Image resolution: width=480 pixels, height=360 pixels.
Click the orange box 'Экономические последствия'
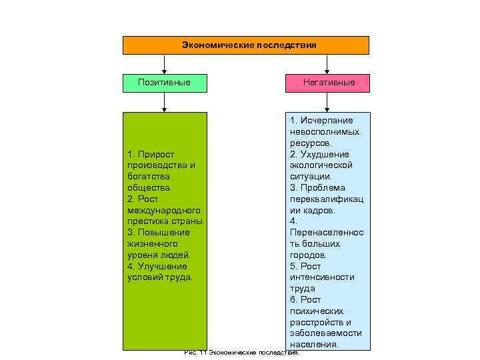pyautogui.click(x=245, y=45)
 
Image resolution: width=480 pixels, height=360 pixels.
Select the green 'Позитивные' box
pyautogui.click(x=164, y=83)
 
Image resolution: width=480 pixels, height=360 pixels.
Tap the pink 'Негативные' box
pyautogui.click(x=327, y=83)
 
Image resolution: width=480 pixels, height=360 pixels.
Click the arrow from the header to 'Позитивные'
pyautogui.click(x=164, y=64)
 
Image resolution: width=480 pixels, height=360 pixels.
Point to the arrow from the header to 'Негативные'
pyautogui.click(x=327, y=64)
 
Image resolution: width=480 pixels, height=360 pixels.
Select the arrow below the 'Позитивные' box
pyautogui.click(x=164, y=101)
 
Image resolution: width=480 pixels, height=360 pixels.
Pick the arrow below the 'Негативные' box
pyautogui.click(x=327, y=101)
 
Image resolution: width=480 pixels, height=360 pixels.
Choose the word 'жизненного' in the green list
pyautogui.click(x=149, y=243)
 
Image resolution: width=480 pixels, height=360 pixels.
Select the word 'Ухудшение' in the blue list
pyautogui.click(x=325, y=154)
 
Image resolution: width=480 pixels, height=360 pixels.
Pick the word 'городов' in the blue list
pyautogui.click(x=307, y=255)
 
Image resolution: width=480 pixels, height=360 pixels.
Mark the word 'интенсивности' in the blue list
pyautogui.click(x=322, y=277)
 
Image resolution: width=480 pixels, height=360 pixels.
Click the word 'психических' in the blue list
pyautogui.click(x=317, y=311)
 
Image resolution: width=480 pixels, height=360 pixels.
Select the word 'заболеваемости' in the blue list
pyautogui.click(x=326, y=333)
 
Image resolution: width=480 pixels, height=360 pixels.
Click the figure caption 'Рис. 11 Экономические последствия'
pyautogui.click(x=242, y=353)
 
